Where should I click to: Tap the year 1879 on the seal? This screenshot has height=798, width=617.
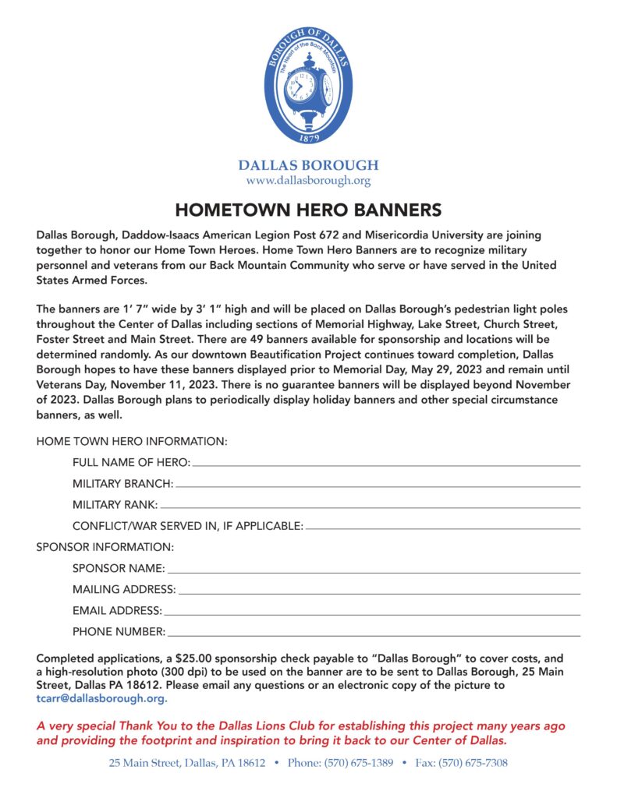click(x=308, y=138)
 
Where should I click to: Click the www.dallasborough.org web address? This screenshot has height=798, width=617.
click(x=308, y=181)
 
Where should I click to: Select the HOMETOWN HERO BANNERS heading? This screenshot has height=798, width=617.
click(x=308, y=210)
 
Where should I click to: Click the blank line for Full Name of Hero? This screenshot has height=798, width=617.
click(x=385, y=464)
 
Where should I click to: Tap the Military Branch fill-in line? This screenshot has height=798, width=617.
click(x=378, y=486)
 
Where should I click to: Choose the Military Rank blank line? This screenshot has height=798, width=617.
click(x=370, y=507)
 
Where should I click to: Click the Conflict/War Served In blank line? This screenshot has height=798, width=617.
click(x=443, y=528)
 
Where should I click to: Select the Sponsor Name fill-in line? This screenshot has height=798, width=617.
click(x=374, y=571)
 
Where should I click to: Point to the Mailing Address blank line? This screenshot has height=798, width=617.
click(x=379, y=592)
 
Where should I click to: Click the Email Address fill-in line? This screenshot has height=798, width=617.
click(x=372, y=613)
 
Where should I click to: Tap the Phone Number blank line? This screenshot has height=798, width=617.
click(x=374, y=634)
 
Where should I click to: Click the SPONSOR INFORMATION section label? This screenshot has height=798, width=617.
click(x=105, y=547)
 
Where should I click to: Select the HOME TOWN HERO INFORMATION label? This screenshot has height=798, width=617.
click(x=132, y=441)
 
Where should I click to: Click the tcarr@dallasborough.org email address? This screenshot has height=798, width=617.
click(x=102, y=698)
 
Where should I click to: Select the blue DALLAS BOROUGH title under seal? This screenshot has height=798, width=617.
click(x=308, y=165)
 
